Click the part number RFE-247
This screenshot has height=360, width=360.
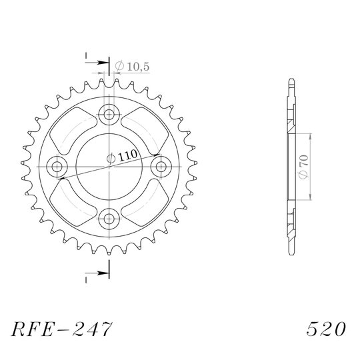(62, 329)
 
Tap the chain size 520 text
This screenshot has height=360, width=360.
(326, 329)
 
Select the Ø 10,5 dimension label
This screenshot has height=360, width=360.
(132, 67)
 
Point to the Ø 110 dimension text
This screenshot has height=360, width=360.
(122, 157)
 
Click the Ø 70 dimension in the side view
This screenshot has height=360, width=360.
(304, 167)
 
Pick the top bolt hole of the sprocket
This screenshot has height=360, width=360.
(109, 115)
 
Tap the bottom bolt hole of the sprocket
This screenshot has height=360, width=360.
(109, 219)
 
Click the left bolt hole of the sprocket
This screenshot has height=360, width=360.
(57, 167)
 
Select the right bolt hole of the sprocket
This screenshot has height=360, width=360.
(161, 167)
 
